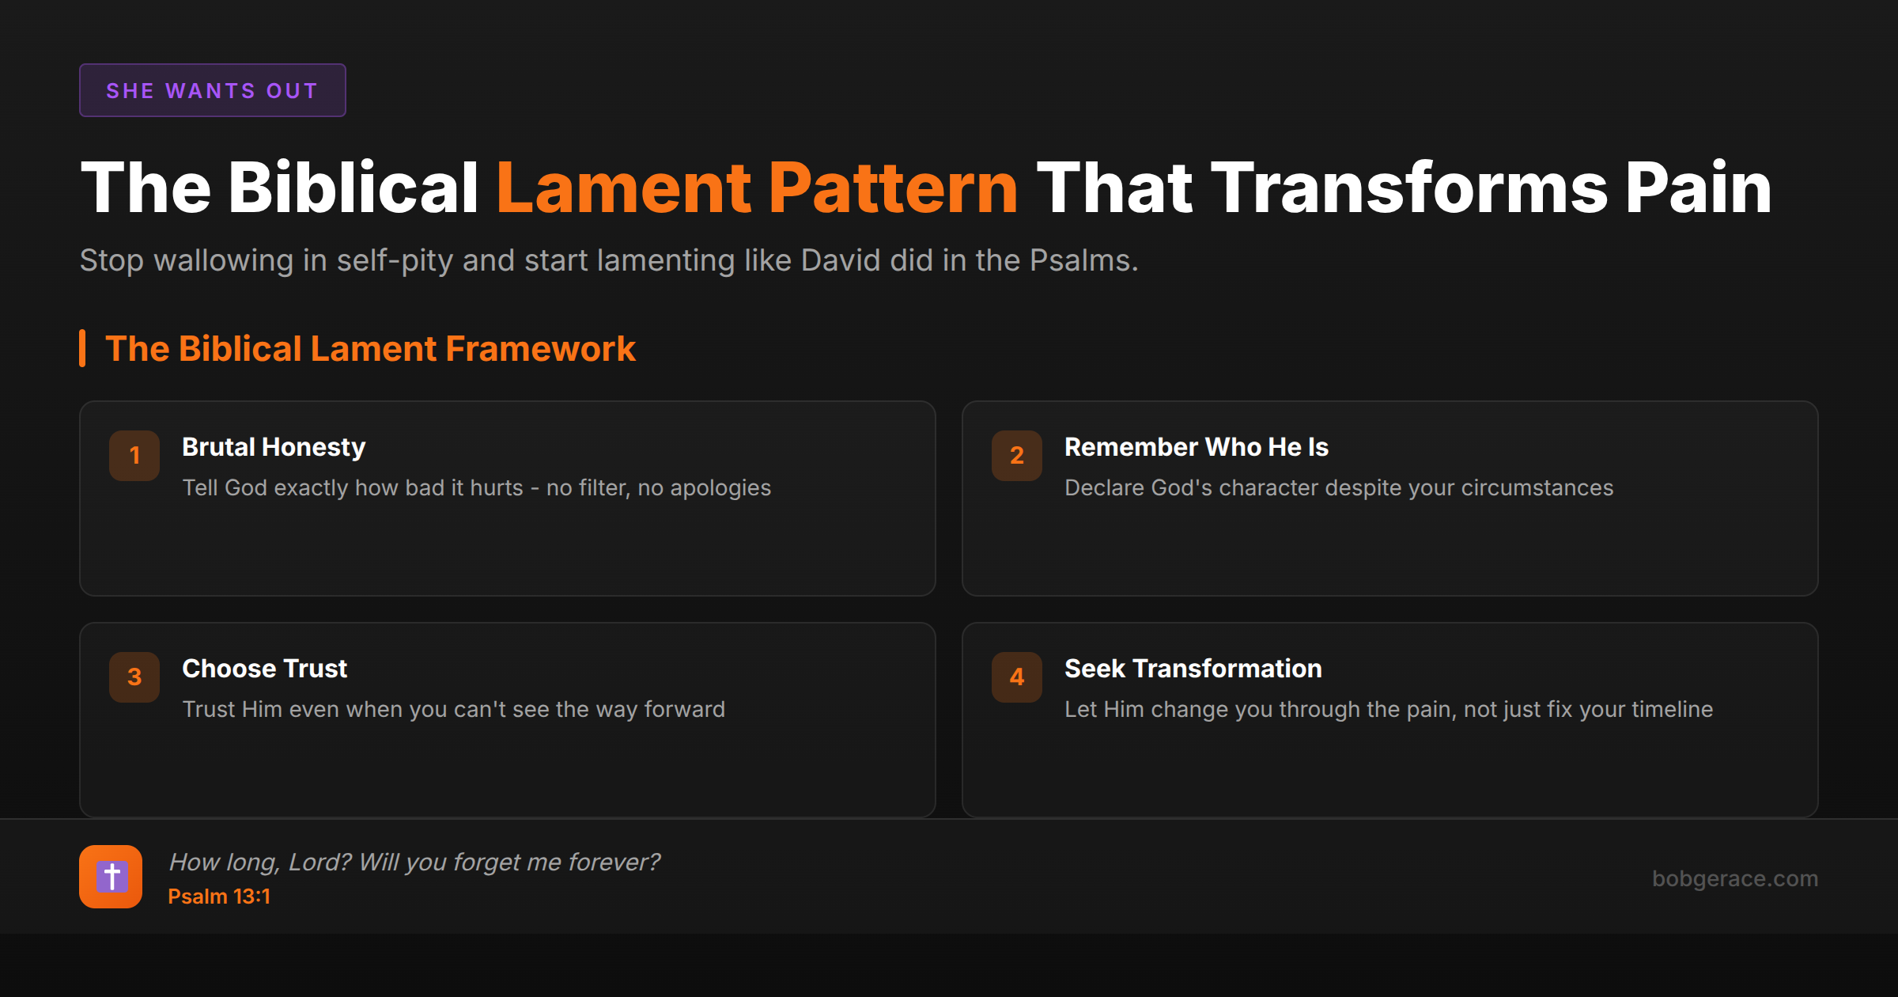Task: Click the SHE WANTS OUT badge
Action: (x=212, y=90)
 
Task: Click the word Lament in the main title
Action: (x=623, y=188)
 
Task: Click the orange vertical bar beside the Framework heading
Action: (x=82, y=348)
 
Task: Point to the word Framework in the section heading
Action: (x=540, y=349)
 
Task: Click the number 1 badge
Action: (x=134, y=455)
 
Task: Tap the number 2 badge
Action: (x=1016, y=455)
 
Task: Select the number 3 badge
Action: (x=134, y=677)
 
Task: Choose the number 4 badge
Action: (x=1016, y=677)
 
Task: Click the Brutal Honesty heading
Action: (x=274, y=447)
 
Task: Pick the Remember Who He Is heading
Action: (x=1196, y=447)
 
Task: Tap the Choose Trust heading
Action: (x=264, y=669)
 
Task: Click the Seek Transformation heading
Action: (x=1193, y=669)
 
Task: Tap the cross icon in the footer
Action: (x=111, y=877)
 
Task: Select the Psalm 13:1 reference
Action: (x=219, y=897)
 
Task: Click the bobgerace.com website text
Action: (x=1734, y=878)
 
